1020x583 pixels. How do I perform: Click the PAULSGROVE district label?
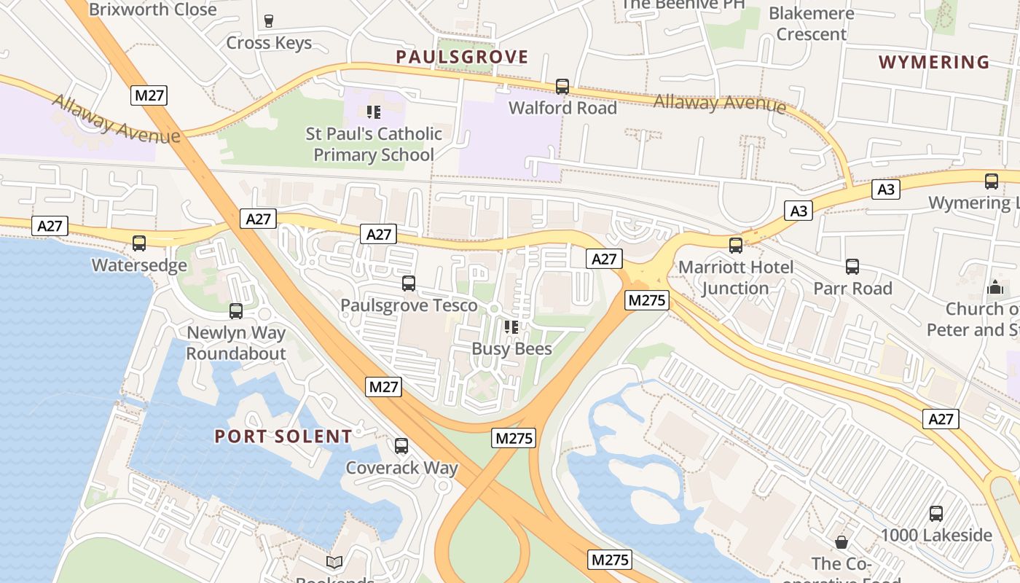point(462,57)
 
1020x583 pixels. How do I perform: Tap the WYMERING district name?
point(934,62)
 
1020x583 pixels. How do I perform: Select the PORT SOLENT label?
point(283,437)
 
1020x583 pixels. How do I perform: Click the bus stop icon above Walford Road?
point(562,87)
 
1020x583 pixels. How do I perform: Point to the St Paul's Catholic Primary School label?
point(374,144)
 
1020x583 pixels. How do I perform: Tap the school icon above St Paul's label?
point(374,112)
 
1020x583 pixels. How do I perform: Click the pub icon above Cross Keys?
point(269,21)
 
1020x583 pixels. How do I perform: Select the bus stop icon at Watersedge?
point(139,243)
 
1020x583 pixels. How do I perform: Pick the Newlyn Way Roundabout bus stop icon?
point(236,311)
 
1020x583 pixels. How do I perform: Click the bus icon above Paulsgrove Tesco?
point(409,283)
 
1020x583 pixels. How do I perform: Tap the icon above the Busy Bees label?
point(511,327)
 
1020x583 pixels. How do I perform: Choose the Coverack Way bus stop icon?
point(401,446)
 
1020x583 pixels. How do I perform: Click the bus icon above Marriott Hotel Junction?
point(736,246)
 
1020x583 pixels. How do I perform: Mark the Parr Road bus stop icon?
point(852,267)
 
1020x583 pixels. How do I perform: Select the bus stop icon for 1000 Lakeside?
point(936,514)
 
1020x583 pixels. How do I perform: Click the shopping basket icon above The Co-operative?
point(841,542)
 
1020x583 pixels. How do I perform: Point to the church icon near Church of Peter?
point(995,287)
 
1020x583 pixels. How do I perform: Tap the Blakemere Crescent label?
point(811,24)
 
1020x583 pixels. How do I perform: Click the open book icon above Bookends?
point(334,562)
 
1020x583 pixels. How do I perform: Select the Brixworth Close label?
point(152,9)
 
